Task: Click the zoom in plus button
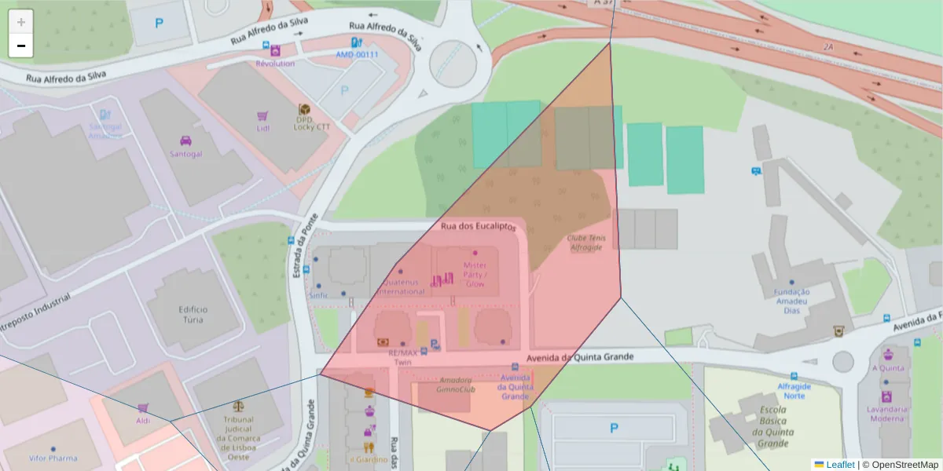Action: [x=21, y=21]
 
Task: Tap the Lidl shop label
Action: [x=262, y=128]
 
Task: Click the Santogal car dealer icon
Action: [x=186, y=141]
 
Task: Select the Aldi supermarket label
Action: [x=143, y=421]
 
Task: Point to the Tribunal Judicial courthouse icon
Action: [x=238, y=407]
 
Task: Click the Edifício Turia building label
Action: [x=192, y=314]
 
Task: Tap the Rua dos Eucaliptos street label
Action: [x=479, y=226]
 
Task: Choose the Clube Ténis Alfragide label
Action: [x=585, y=242]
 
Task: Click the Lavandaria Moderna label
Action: [x=886, y=413]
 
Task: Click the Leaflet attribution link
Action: [x=840, y=464]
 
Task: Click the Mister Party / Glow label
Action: [x=475, y=275]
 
